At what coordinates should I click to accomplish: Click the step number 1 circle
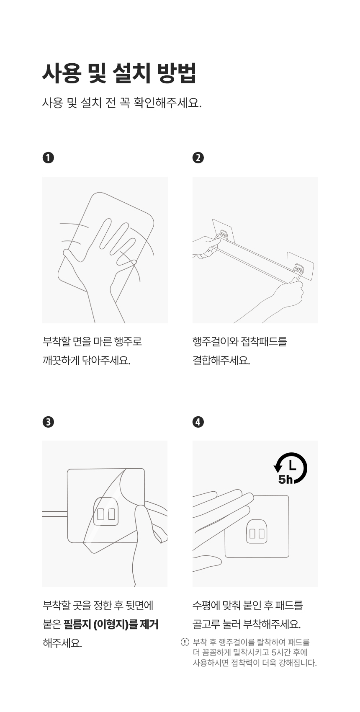point(48,158)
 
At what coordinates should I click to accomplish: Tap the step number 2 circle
point(198,158)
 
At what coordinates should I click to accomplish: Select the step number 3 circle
point(48,422)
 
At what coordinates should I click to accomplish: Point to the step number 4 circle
point(198,422)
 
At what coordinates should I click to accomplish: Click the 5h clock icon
point(291,468)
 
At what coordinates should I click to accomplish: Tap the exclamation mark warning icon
point(185,642)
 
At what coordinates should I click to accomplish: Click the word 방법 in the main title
point(177,73)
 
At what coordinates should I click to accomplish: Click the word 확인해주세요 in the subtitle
point(167,103)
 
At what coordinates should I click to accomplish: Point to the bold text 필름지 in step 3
point(77,624)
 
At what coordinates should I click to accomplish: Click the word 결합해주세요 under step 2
point(221,361)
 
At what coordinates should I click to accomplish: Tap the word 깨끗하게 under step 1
point(60,361)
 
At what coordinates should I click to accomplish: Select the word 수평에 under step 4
point(206,606)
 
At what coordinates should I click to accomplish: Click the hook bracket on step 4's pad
point(257,531)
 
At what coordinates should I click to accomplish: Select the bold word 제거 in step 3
point(149,624)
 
